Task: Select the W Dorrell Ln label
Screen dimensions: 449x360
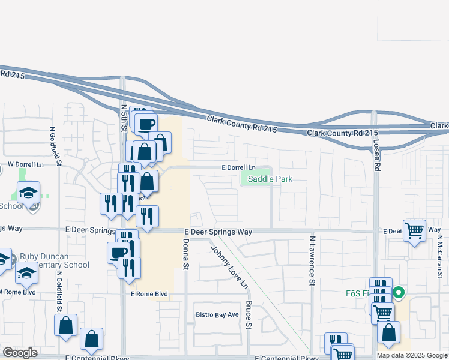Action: tap(26, 164)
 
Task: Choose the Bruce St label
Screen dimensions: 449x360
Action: tap(249, 315)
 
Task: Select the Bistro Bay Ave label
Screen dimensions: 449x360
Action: tap(217, 314)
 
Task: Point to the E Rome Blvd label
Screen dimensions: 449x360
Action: tap(149, 294)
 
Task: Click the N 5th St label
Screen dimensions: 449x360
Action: tap(124, 118)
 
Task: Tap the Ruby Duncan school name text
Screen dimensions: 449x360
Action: tap(54, 260)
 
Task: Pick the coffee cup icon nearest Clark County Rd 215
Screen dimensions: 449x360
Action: tap(147, 124)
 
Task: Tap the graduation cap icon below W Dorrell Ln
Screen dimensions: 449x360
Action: tap(28, 192)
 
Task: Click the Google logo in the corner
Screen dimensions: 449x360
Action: tap(20, 353)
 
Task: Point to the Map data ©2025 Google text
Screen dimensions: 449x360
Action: tap(412, 355)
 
